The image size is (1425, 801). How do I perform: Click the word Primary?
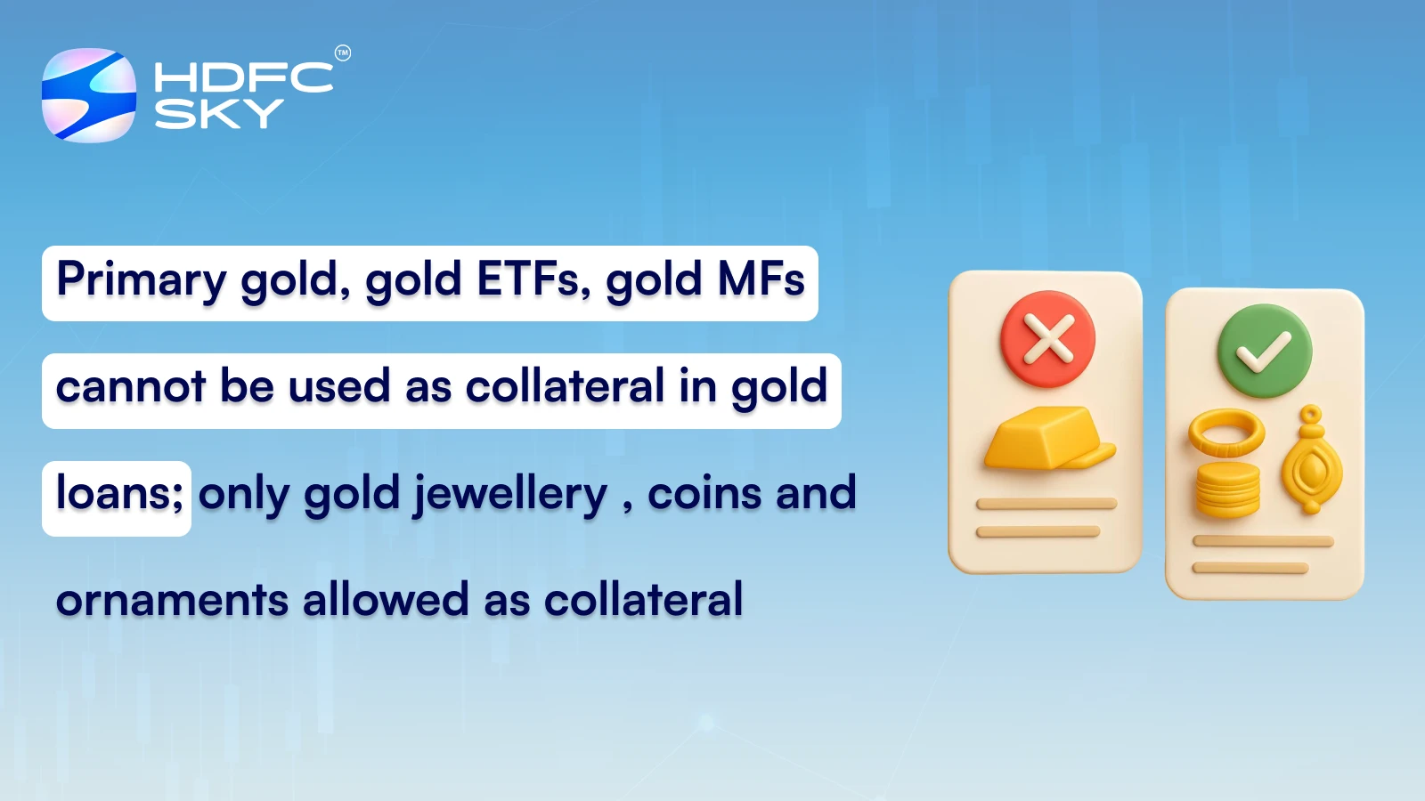click(x=142, y=281)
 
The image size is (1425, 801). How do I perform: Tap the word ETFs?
click(x=533, y=279)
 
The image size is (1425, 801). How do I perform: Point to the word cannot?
click(x=131, y=387)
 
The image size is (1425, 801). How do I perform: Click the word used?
click(x=339, y=387)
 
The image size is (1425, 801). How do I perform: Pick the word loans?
click(x=119, y=493)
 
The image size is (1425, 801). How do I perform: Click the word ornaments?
click(x=172, y=600)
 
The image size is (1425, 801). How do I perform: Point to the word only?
click(x=243, y=495)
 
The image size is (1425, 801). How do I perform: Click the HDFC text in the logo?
click(x=243, y=77)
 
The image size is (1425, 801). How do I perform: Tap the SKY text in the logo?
click(x=218, y=113)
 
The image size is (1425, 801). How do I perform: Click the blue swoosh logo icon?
click(x=89, y=95)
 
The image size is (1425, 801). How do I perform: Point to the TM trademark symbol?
click(x=343, y=53)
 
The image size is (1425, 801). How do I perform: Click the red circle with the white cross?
click(x=1048, y=339)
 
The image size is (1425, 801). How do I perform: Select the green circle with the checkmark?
click(x=1265, y=351)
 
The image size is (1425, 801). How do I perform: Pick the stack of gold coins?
click(x=1228, y=489)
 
